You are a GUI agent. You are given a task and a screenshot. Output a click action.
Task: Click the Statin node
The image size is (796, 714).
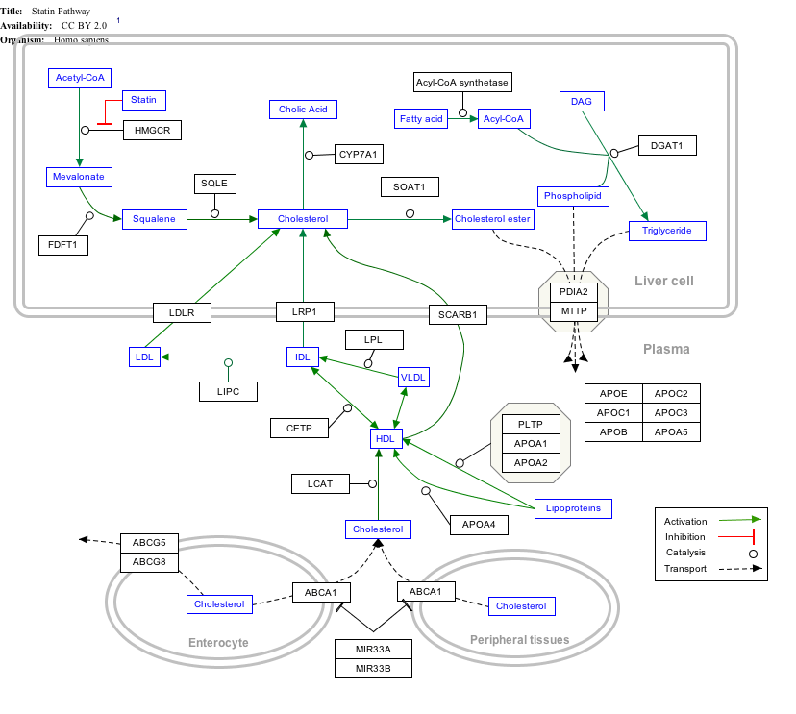point(143,100)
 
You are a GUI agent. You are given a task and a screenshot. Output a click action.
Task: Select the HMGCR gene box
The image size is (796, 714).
point(152,130)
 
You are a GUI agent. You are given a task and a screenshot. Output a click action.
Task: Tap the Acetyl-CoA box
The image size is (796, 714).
point(80,78)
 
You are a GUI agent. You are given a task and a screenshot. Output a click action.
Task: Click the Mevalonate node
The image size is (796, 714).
point(80,177)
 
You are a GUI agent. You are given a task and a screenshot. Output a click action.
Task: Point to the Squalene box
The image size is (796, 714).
point(154,219)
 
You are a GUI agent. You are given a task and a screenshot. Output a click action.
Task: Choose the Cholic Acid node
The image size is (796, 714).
point(303,110)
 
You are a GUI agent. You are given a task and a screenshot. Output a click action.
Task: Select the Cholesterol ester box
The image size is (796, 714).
point(492,219)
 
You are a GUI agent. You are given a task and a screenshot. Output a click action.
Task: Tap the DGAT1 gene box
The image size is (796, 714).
point(666,145)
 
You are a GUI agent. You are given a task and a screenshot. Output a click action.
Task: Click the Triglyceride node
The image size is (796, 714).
point(667,231)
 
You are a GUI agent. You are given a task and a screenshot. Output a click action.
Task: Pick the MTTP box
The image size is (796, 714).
point(574,311)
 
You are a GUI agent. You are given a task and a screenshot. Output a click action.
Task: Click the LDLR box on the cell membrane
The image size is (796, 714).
point(182,311)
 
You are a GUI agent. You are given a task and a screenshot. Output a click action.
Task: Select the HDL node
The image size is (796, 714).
point(386,438)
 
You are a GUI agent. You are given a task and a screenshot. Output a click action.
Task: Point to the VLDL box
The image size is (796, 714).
point(413,378)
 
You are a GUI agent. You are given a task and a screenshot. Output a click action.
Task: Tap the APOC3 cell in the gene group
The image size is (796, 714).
point(671,412)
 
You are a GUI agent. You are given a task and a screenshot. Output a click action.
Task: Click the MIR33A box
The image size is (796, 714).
point(373,649)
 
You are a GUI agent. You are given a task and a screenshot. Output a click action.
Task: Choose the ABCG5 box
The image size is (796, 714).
point(149,543)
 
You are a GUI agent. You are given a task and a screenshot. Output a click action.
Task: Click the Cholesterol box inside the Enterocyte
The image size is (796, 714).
point(219,604)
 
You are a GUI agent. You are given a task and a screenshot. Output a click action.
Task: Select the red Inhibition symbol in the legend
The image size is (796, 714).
point(741,537)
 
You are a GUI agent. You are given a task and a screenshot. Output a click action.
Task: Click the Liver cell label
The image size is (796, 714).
point(663,281)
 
